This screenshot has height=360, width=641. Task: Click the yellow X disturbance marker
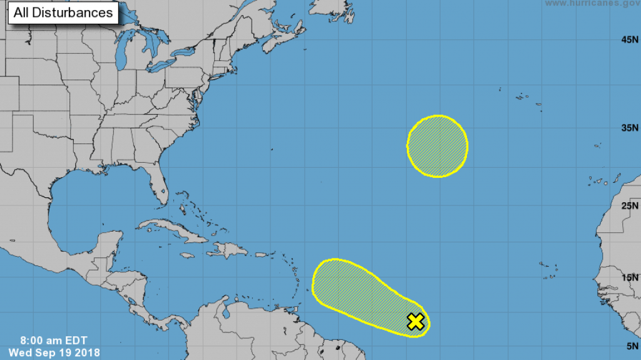(x=416, y=322)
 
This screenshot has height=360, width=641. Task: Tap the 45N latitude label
(x=629, y=40)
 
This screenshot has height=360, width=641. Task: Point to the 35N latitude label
(x=629, y=128)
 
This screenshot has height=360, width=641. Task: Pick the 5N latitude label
(x=631, y=345)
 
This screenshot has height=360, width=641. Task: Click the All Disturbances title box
(x=63, y=13)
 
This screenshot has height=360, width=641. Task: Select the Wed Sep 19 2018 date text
(x=54, y=353)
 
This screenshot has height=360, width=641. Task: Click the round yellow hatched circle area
(x=438, y=146)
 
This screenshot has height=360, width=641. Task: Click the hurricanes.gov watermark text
(x=592, y=4)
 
